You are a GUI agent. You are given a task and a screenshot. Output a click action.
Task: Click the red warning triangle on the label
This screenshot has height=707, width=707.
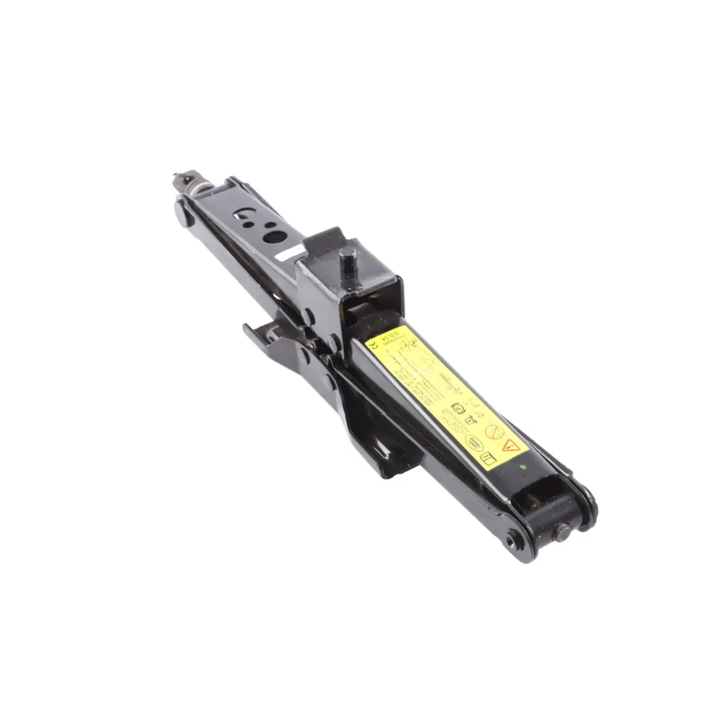[511, 444]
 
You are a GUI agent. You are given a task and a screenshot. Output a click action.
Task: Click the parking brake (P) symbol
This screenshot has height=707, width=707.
[458, 408]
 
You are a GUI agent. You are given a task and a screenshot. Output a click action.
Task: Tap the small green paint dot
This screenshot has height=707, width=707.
[522, 467]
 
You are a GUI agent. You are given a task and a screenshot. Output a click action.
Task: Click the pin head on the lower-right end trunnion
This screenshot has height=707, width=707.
[562, 529]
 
